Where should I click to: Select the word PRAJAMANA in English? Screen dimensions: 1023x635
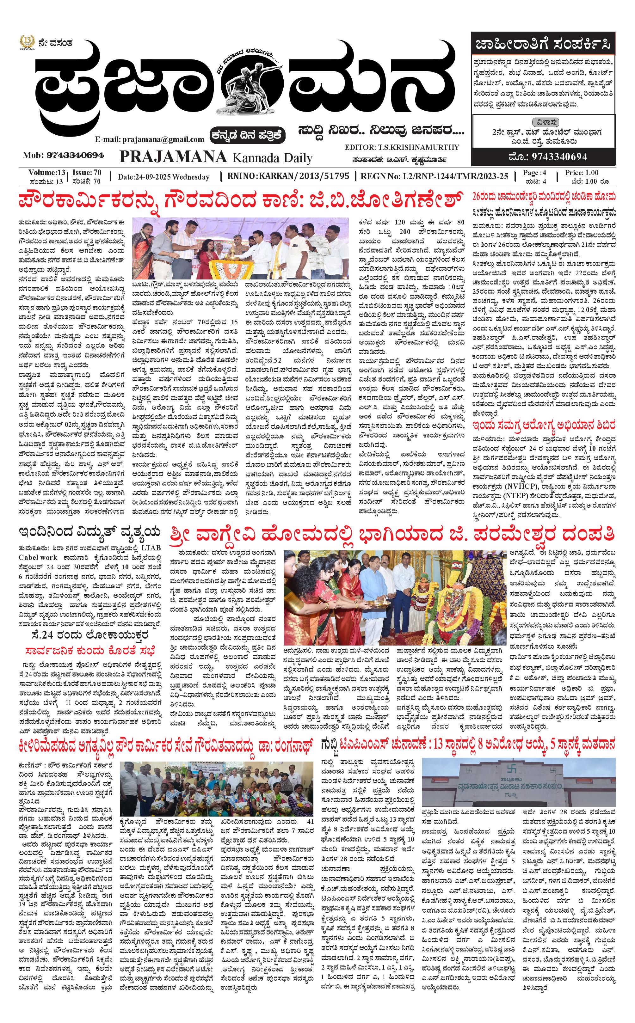click(x=173, y=157)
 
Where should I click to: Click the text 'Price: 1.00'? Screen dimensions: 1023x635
click(x=582, y=173)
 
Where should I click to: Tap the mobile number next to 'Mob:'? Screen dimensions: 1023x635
click(x=75, y=155)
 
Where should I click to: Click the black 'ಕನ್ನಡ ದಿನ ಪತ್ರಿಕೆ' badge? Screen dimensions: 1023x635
click(x=248, y=135)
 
